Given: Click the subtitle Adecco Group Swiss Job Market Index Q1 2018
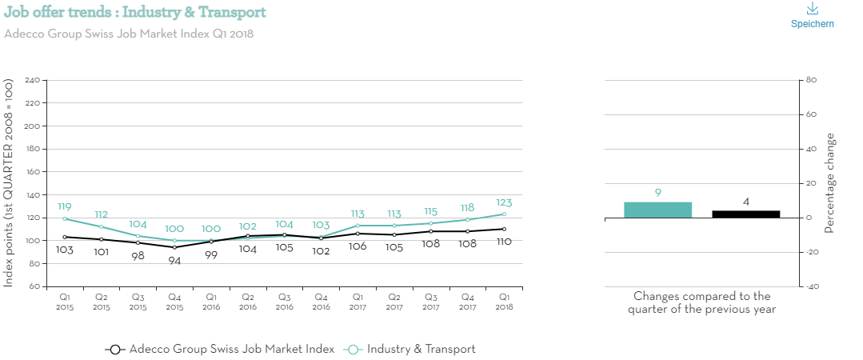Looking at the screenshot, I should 129,34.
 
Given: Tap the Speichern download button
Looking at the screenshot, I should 812,15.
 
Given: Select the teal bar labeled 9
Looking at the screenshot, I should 657,210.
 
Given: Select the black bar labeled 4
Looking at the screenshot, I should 745,214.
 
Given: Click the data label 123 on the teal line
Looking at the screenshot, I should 503,203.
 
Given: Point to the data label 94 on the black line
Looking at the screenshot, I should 174,261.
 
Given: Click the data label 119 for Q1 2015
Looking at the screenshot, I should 65,206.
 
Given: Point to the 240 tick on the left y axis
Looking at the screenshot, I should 33,81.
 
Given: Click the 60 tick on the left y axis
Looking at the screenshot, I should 35,286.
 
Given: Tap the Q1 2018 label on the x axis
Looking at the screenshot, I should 504,302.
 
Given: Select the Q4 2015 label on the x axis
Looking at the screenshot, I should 174,302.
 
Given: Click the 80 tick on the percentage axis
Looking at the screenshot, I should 809,80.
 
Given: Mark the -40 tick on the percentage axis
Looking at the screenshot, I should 809,286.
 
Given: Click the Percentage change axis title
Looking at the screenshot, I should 829,183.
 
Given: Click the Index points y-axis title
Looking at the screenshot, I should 10,183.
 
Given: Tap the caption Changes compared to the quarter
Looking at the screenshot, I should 701,302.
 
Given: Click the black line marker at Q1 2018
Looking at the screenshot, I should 504,229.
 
